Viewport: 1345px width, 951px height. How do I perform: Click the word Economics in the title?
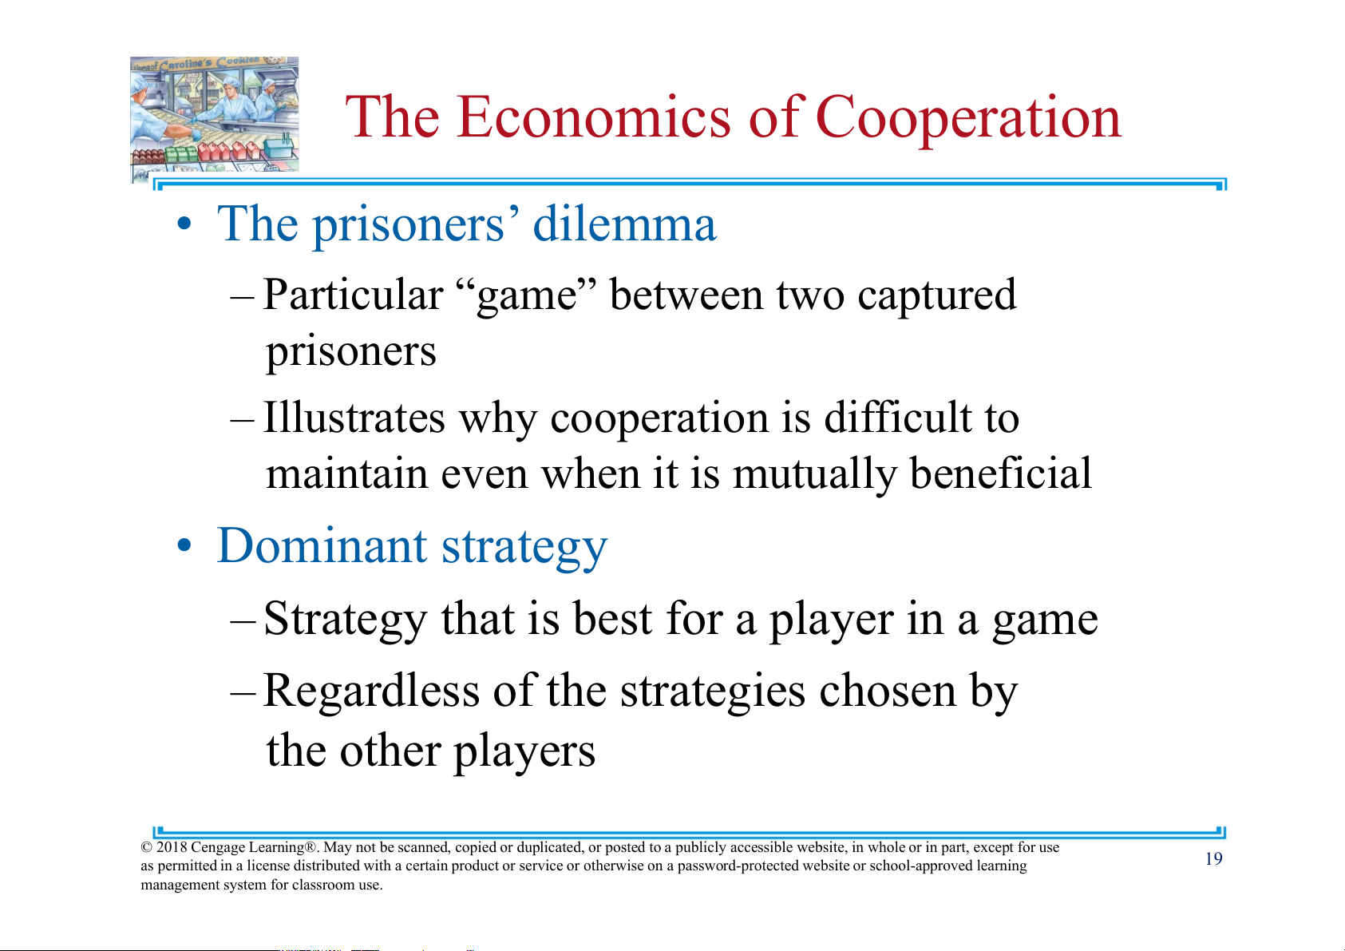(594, 117)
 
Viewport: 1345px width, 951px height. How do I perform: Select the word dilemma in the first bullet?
(624, 224)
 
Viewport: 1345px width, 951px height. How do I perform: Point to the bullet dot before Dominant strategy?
(185, 545)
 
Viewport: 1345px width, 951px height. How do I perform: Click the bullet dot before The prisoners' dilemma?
(185, 224)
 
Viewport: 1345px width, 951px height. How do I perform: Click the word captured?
(936, 296)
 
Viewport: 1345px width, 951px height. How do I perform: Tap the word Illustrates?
(354, 417)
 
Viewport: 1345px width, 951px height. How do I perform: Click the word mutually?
(814, 474)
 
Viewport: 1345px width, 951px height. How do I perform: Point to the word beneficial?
(1001, 474)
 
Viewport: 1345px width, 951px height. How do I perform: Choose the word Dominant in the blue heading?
(322, 545)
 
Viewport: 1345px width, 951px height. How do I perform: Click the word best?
(612, 618)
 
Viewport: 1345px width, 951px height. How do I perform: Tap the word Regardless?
(371, 690)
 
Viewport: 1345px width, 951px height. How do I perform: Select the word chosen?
(888, 690)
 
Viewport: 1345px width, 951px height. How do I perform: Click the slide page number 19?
(1213, 859)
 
